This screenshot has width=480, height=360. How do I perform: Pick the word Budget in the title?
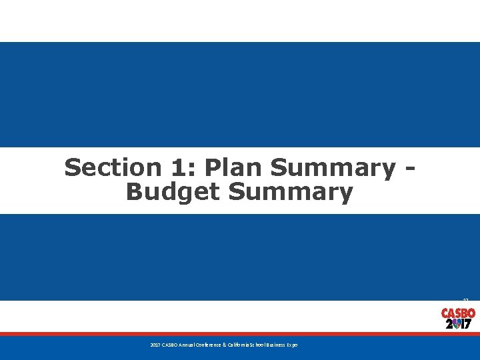coord(173,192)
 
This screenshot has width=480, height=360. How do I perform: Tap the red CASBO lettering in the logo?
coord(458,313)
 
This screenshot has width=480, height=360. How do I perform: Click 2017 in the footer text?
coord(154,345)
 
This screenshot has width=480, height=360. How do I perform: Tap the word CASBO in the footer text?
coord(168,345)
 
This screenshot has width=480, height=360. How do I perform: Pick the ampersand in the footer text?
coord(224,345)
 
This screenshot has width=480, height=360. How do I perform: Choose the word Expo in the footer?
coord(293,345)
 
